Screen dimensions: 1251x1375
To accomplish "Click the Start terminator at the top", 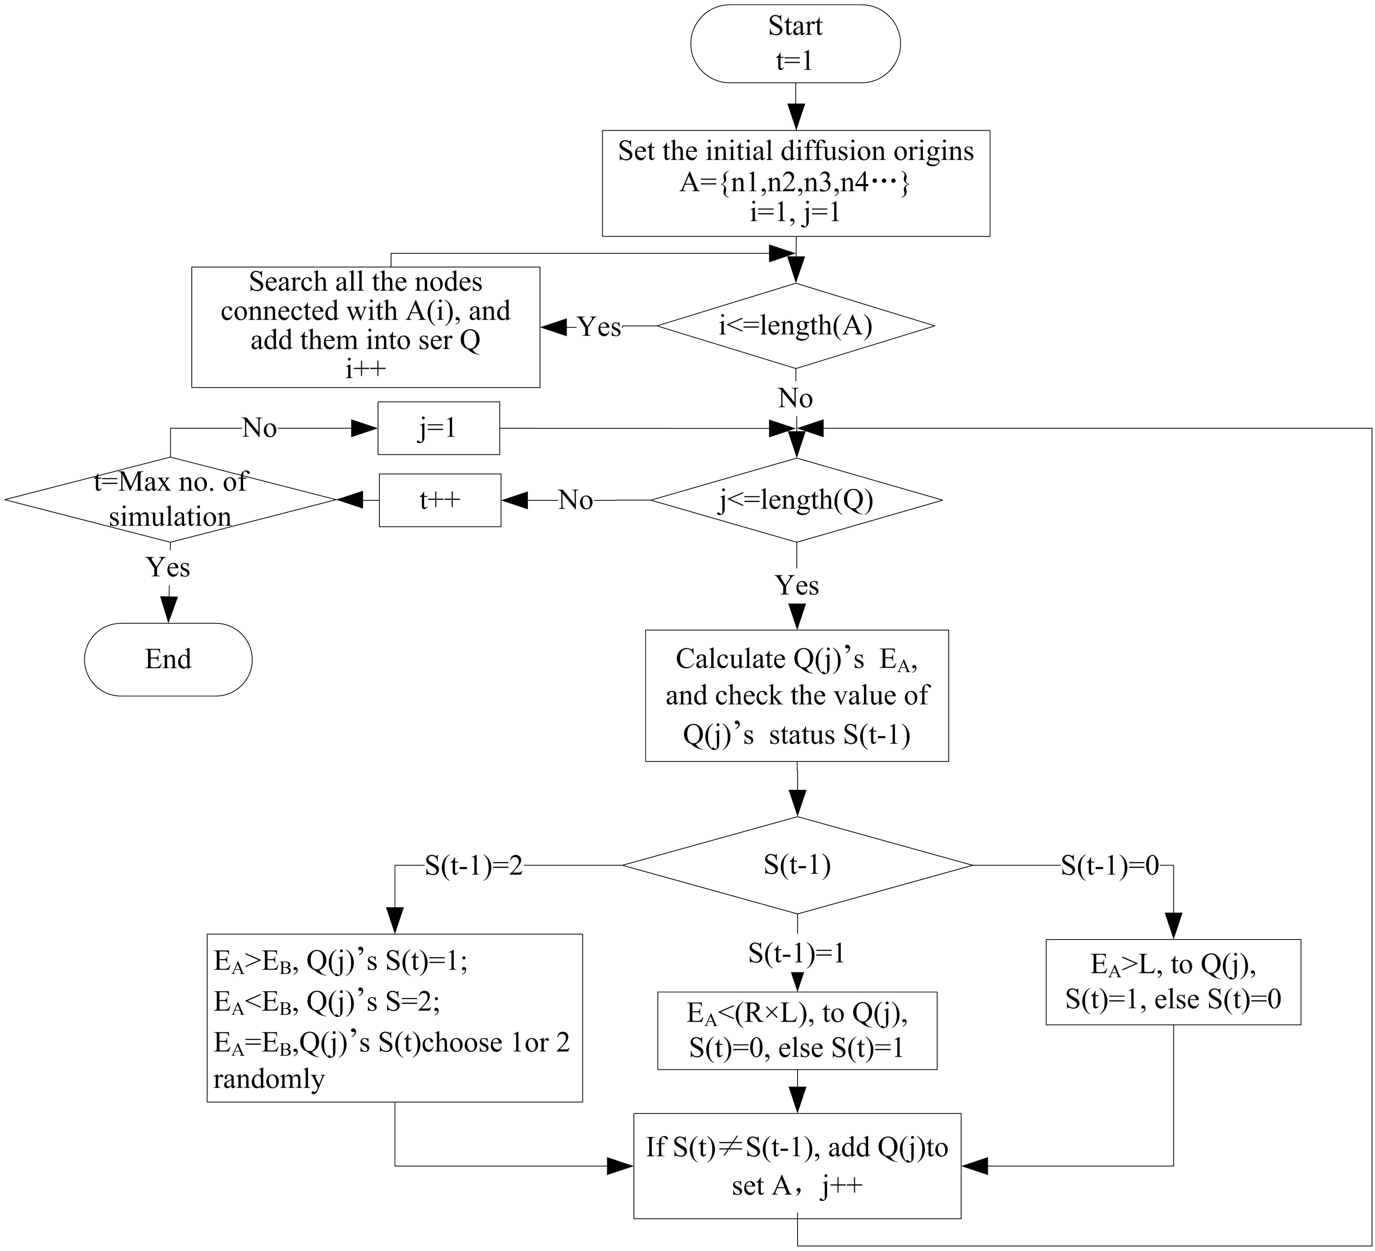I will click(x=795, y=44).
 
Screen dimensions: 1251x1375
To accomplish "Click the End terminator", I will click(x=168, y=659).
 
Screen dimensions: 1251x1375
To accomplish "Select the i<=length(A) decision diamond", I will click(x=795, y=326).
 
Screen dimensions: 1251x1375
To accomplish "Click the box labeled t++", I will click(x=440, y=500).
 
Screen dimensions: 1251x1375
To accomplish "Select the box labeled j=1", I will click(x=438, y=428).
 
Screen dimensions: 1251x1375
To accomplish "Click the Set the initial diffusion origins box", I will click(x=795, y=183).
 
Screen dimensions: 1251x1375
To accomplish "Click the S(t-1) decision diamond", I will click(x=797, y=865).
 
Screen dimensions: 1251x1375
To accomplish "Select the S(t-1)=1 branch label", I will click(x=796, y=953).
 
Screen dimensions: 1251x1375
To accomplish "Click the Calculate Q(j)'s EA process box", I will click(x=797, y=696).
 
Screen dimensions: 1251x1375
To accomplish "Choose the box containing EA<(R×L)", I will click(x=797, y=1030).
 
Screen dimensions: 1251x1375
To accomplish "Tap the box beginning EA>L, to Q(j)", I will click(x=1173, y=982).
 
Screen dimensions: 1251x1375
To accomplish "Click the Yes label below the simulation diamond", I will click(x=168, y=567).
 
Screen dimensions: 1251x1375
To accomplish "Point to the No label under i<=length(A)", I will click(x=795, y=398).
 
